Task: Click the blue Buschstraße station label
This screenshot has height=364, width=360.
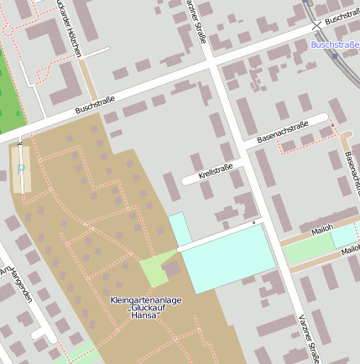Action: pos(335,44)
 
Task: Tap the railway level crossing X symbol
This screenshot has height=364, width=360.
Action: pos(316,26)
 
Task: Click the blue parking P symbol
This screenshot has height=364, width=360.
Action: pos(21,169)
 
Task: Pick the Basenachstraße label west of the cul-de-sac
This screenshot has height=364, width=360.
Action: pos(283,130)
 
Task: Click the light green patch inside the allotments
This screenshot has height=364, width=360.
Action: pos(157,270)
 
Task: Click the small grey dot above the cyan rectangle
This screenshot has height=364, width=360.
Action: pos(253,224)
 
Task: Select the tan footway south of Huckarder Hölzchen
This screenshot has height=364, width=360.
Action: pos(88,80)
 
